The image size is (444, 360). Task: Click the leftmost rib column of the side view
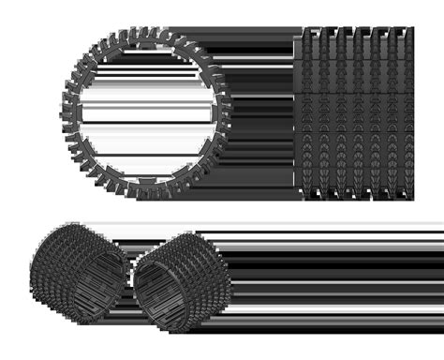click(x=303, y=112)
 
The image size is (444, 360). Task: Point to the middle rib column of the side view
click(x=355, y=112)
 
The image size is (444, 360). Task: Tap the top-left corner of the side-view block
click(x=297, y=31)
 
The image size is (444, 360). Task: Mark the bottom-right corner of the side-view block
click(x=413, y=196)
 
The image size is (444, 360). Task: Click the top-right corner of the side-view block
click(x=413, y=31)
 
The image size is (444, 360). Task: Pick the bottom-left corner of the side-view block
click(x=297, y=196)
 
